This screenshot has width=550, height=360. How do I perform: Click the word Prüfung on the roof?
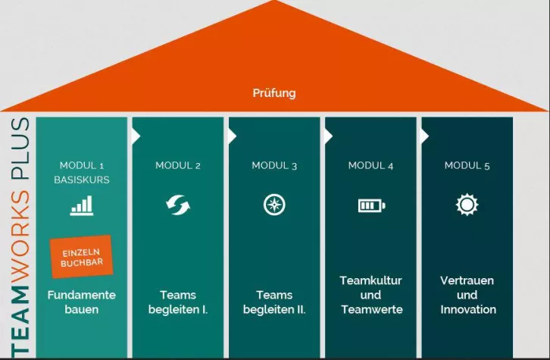[x=274, y=94]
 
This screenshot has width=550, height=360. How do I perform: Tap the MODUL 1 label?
[x=82, y=165]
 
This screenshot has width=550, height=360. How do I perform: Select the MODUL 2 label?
[x=178, y=165]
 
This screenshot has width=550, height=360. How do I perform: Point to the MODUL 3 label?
[x=274, y=165]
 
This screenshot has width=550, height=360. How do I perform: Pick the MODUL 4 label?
[x=370, y=165]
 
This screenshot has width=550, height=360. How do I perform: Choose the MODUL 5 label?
[x=467, y=165]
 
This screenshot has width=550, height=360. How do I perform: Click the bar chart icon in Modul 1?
[x=82, y=205]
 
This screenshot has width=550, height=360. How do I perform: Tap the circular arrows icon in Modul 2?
[x=178, y=205]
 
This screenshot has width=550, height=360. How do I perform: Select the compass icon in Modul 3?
[x=274, y=205]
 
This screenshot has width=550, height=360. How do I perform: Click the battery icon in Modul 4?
[x=370, y=205]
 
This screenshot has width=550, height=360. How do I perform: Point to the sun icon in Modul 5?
[x=467, y=205]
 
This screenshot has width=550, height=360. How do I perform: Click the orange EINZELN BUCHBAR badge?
[x=82, y=256]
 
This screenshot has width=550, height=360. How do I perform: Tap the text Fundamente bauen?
[x=82, y=302]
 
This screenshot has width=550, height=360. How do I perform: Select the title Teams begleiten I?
[x=178, y=302]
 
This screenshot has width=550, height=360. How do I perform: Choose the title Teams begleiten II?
[x=274, y=302]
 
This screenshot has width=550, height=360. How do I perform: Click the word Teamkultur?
[x=370, y=280]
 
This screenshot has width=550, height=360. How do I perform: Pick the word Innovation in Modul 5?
[x=467, y=309]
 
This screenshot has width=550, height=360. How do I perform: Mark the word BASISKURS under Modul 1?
[x=82, y=180]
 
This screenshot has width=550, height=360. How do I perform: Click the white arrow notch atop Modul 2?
[x=136, y=136]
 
